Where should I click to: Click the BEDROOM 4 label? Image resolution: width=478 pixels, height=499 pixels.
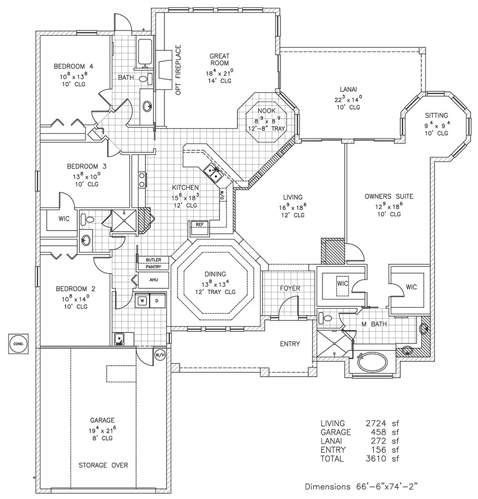point(74,67)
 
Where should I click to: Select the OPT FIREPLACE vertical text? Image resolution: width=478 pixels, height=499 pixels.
point(178,70)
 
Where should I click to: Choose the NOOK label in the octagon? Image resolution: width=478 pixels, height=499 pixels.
point(267,111)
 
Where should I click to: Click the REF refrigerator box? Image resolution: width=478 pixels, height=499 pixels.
point(199,224)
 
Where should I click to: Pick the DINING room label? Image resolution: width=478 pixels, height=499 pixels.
point(215,274)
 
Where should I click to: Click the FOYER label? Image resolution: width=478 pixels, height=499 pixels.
point(289,288)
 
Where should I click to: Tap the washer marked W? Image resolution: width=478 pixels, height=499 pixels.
point(141,301)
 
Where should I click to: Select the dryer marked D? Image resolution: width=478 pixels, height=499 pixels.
point(156,301)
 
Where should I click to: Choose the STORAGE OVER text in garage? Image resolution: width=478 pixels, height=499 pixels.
point(103,465)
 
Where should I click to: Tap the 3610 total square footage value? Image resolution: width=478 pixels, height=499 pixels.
point(377,459)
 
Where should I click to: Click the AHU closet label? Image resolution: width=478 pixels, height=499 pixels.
point(153,280)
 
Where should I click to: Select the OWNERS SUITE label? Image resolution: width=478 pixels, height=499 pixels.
point(389,196)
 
